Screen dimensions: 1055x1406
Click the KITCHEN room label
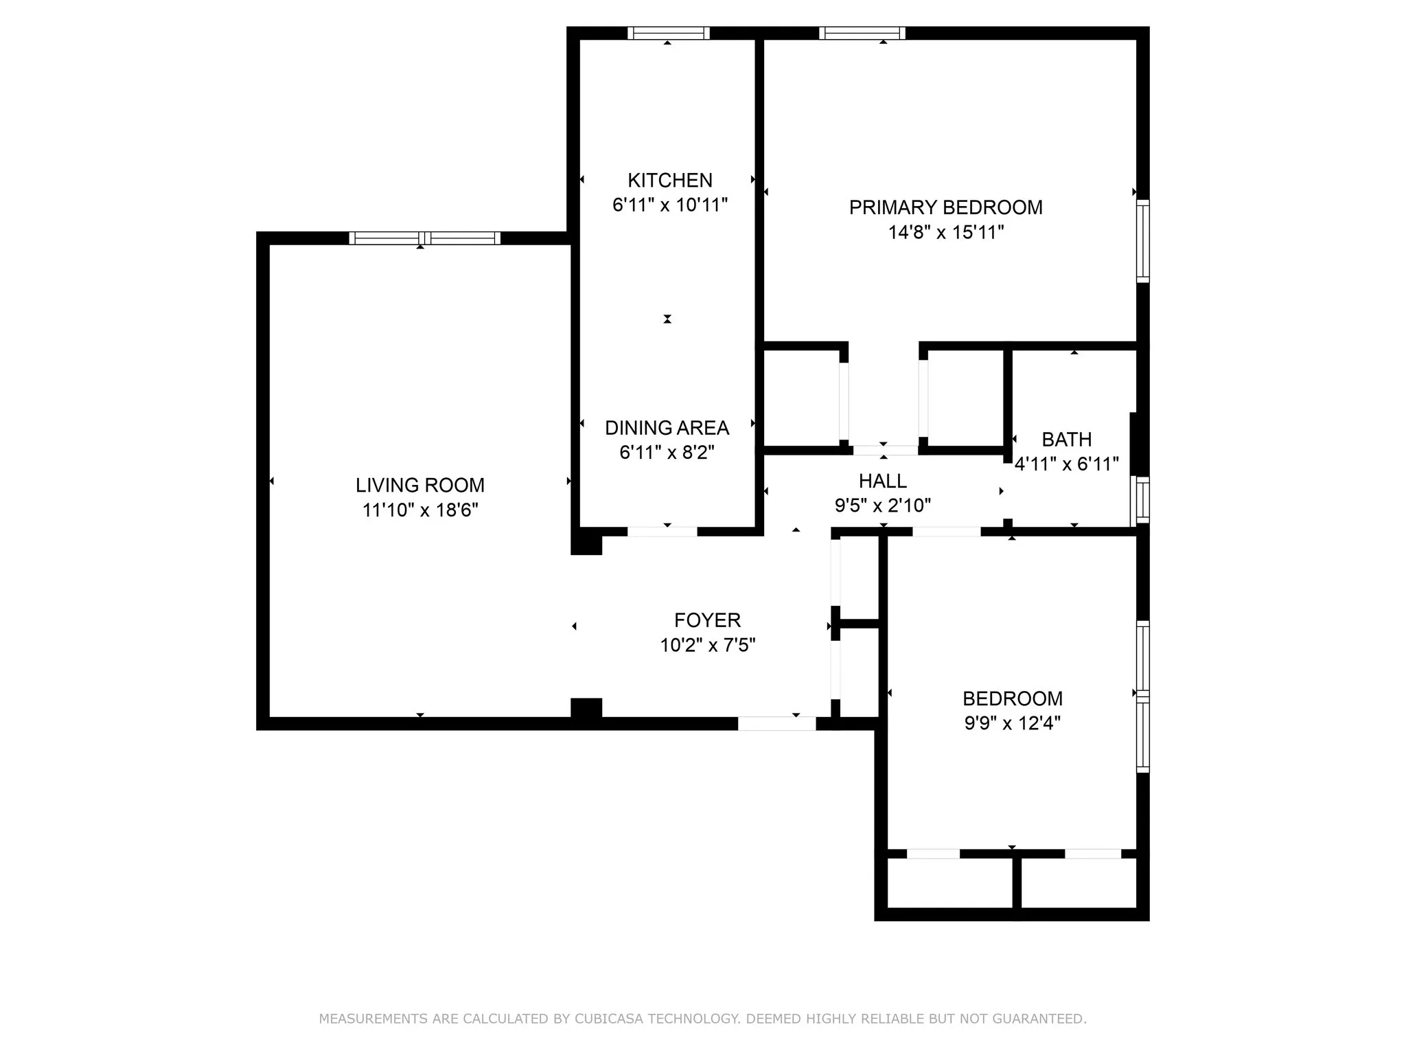(x=669, y=180)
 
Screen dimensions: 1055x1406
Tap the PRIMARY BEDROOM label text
(x=945, y=207)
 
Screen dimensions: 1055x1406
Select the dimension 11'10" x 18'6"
(x=419, y=510)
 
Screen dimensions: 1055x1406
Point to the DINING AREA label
(x=667, y=428)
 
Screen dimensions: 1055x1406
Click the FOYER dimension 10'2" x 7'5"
(x=707, y=645)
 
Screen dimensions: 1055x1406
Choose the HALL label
(x=882, y=481)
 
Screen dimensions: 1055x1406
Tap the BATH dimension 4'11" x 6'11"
(x=1066, y=464)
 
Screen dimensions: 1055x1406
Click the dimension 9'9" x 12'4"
(x=1012, y=723)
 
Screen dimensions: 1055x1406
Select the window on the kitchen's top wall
(x=668, y=33)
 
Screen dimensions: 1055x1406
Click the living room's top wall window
(x=424, y=238)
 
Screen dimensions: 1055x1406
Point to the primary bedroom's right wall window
(x=1142, y=240)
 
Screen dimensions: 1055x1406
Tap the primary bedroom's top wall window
(x=862, y=33)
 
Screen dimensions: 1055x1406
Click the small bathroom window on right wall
(x=1141, y=500)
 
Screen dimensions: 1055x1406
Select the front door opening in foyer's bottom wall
(x=776, y=723)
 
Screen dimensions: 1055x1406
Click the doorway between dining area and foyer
(x=662, y=531)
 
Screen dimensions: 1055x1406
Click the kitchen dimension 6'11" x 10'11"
(x=669, y=205)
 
